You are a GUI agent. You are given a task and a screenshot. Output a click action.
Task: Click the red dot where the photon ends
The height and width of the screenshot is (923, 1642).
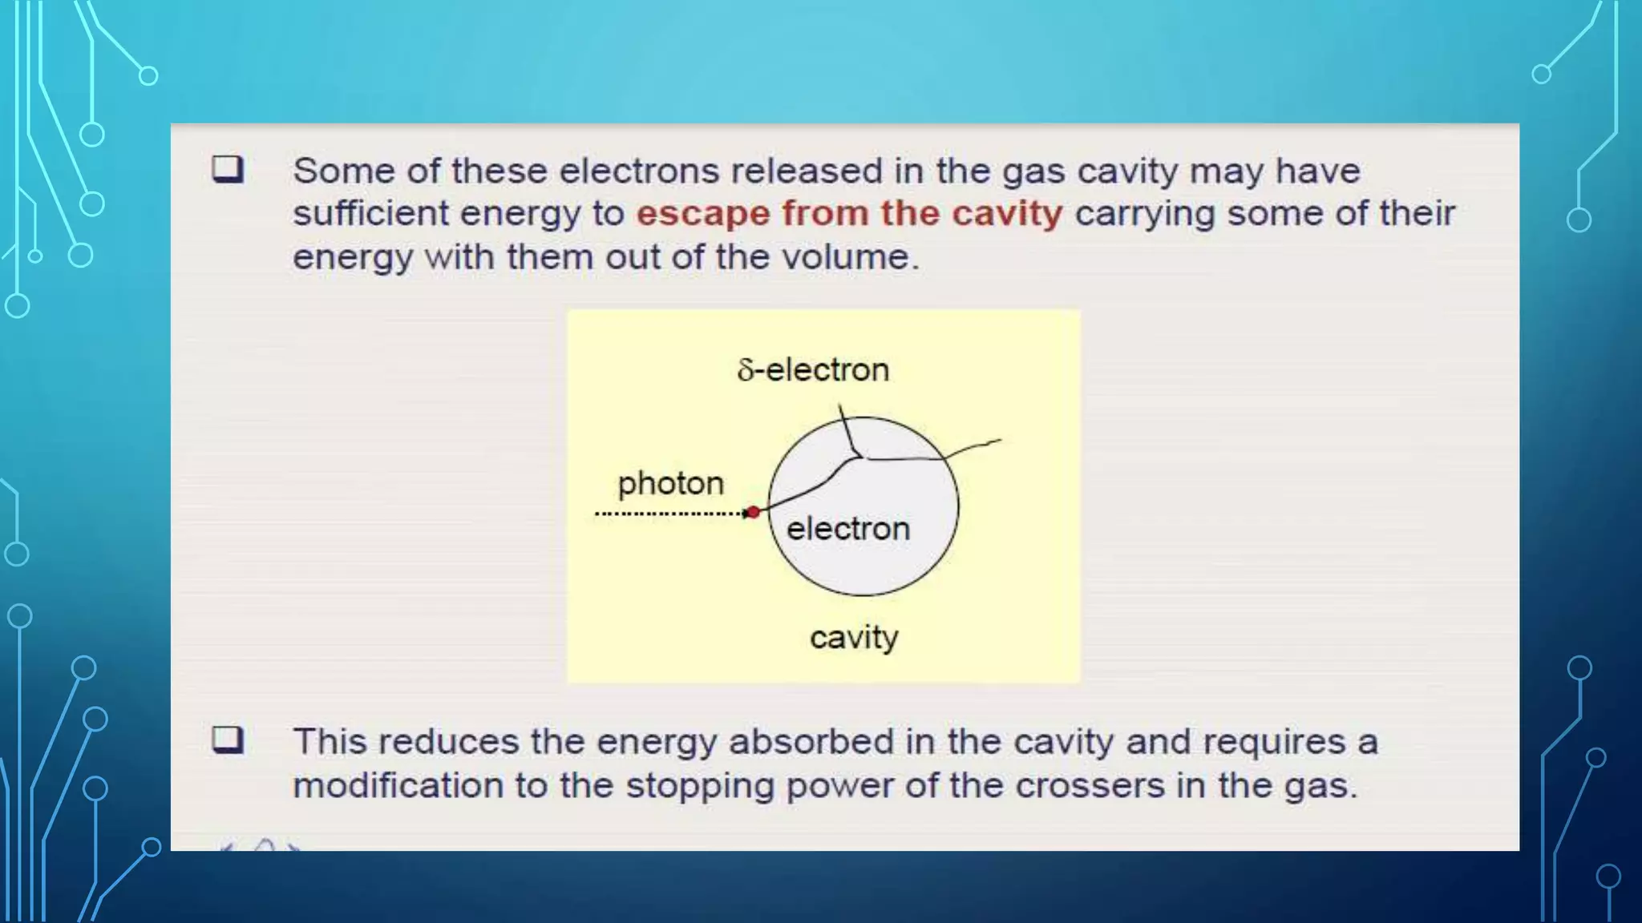752,512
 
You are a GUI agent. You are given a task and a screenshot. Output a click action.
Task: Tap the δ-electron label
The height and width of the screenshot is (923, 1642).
813,370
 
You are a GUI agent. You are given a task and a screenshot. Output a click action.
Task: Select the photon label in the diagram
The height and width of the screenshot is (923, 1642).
670,483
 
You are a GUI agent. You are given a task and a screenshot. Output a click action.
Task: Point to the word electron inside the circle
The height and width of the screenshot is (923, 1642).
848,529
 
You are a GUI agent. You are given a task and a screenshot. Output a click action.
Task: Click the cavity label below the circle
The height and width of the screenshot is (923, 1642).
854,638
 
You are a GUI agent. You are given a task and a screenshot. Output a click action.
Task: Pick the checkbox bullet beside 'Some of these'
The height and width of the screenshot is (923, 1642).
228,170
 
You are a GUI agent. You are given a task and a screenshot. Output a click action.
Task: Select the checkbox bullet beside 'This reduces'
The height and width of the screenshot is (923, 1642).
228,740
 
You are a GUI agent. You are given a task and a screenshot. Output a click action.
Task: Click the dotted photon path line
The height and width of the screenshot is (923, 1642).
669,514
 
